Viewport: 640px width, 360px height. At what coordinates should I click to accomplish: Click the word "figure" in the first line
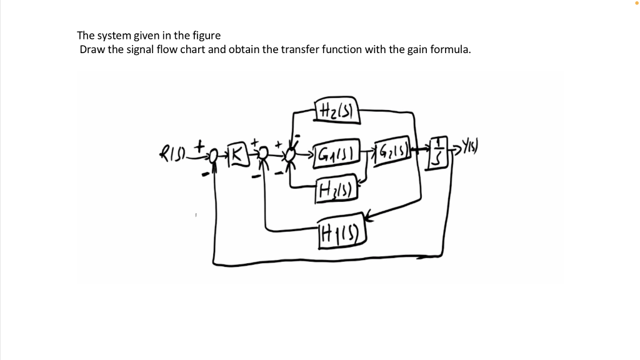[206, 36]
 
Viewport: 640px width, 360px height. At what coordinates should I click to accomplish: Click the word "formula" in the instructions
[449, 50]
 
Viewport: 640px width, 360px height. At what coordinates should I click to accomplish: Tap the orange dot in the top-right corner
[637, 3]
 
